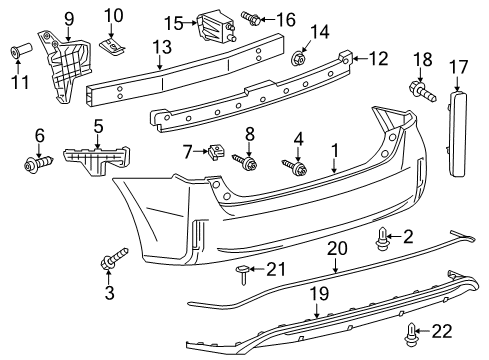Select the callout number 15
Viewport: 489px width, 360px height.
[x=173, y=22]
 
